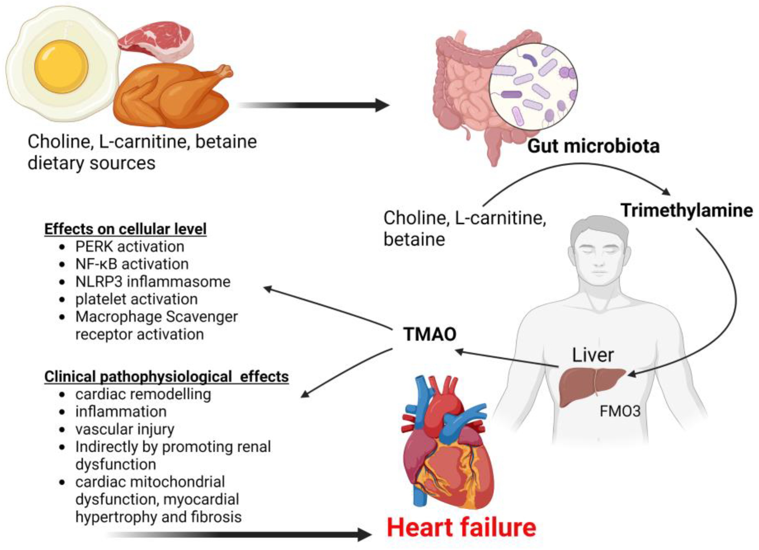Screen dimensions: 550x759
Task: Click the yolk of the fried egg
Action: click(61, 66)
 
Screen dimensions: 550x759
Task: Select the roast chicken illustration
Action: click(171, 97)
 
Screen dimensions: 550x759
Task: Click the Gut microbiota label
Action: click(593, 146)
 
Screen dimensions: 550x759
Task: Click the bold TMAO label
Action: click(430, 334)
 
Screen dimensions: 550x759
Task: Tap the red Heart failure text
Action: click(461, 527)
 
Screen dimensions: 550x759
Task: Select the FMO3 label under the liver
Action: click(620, 411)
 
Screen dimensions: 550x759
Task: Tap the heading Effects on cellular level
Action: click(125, 229)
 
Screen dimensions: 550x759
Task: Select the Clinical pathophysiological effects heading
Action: click(166, 377)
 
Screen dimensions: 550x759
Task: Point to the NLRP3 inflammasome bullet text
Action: click(153, 282)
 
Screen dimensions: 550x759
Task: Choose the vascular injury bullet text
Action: click(125, 429)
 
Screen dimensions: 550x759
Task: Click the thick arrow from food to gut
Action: click(315, 105)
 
